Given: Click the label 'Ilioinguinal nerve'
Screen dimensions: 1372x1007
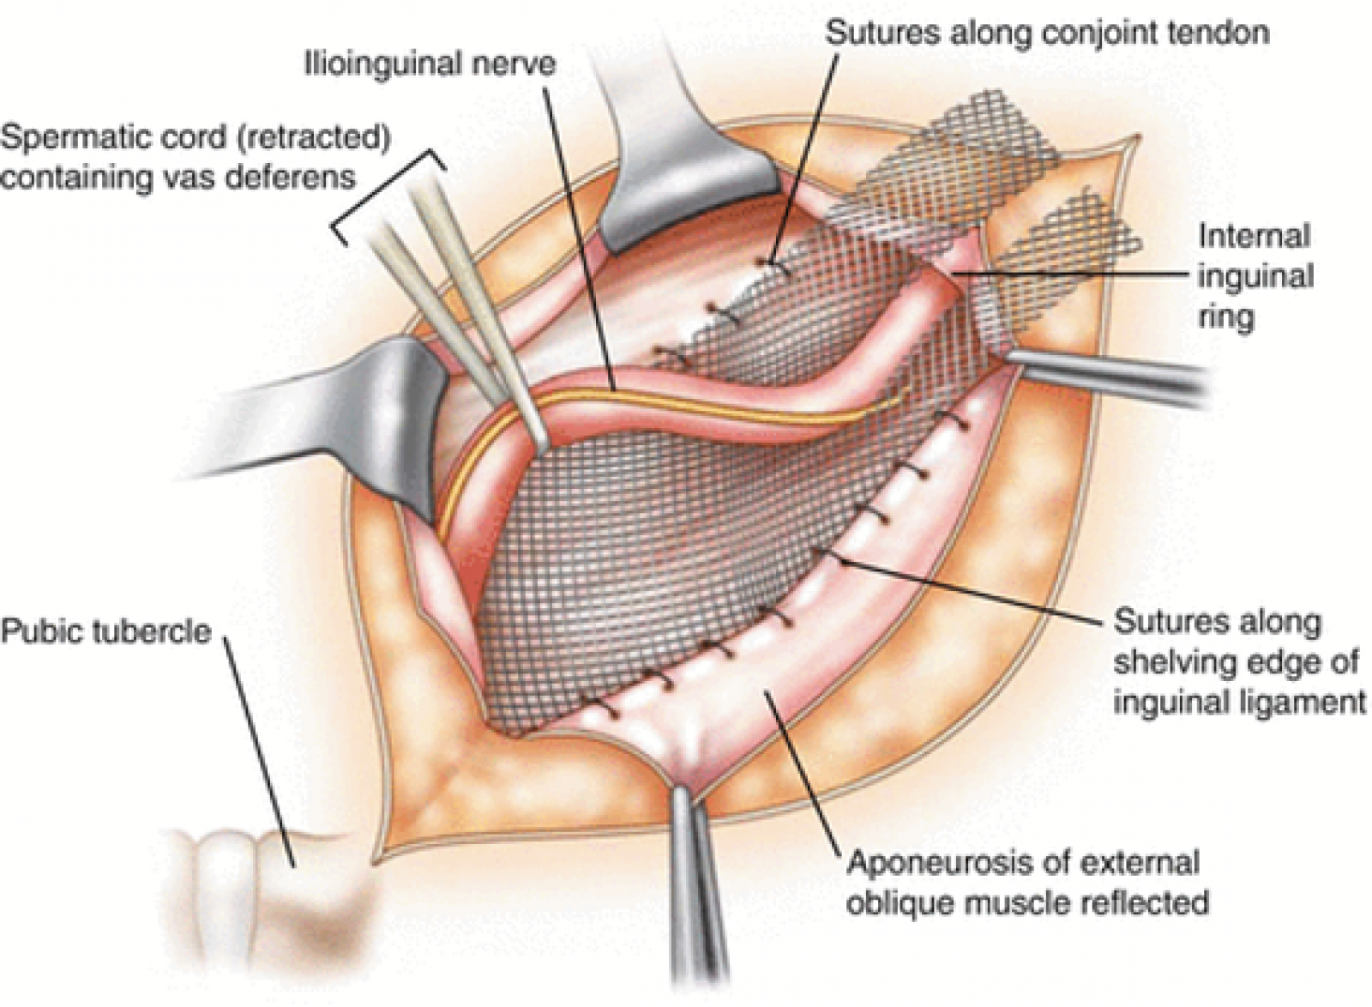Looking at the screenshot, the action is pos(430,63).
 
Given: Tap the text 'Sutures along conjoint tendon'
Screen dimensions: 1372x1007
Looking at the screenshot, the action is pos(1048,31).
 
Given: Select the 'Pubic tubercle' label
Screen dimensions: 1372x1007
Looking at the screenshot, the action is pos(106,630).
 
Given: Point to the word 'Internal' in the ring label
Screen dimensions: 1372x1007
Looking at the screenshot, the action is pos(1254,237).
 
